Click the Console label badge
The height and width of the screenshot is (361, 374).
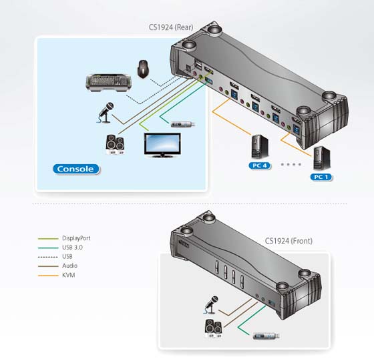(x=76, y=169)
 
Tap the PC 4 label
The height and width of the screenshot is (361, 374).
(x=260, y=165)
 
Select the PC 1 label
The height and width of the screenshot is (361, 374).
(x=321, y=177)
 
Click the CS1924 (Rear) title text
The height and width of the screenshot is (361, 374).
(x=171, y=27)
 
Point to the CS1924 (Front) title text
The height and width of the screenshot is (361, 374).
(x=289, y=241)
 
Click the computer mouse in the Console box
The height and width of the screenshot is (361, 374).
(x=143, y=69)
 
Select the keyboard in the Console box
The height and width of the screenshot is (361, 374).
(x=108, y=83)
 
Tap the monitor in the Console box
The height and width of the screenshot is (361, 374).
(x=162, y=145)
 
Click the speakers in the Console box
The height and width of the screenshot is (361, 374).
(x=115, y=145)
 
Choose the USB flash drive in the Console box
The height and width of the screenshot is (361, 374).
(x=183, y=124)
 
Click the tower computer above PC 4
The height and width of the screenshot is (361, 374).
(x=260, y=147)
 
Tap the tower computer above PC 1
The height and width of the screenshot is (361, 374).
(x=321, y=158)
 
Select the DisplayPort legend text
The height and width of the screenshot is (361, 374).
(x=76, y=238)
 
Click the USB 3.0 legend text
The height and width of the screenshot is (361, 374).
(x=72, y=248)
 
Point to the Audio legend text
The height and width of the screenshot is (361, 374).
(x=69, y=266)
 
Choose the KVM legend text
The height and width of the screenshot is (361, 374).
(x=68, y=275)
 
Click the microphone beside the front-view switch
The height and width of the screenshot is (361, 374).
(x=211, y=305)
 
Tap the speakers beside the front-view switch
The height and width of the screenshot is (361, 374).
(x=214, y=328)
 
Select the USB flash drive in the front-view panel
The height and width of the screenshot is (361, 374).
(x=266, y=336)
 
